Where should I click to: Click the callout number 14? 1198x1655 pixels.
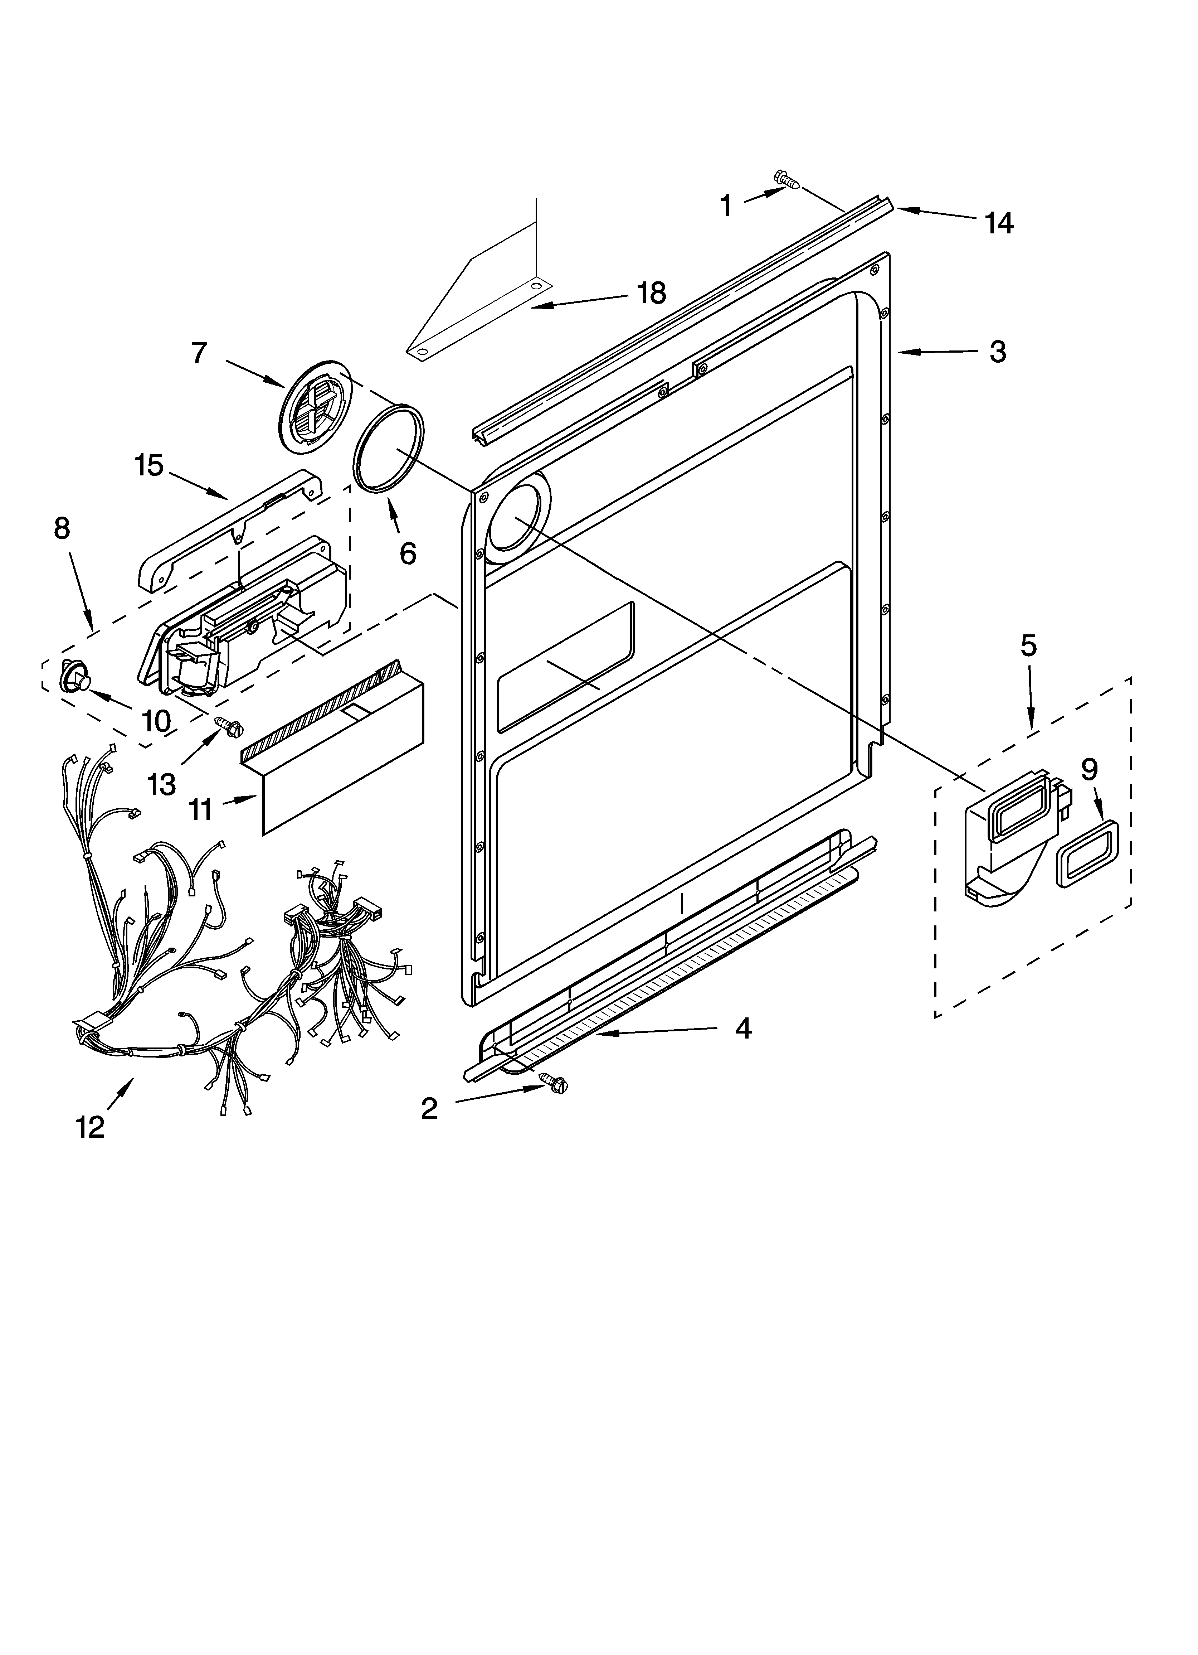point(998,223)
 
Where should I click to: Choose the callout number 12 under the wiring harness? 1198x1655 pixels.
point(91,1127)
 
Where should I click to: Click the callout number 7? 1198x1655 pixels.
point(199,353)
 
